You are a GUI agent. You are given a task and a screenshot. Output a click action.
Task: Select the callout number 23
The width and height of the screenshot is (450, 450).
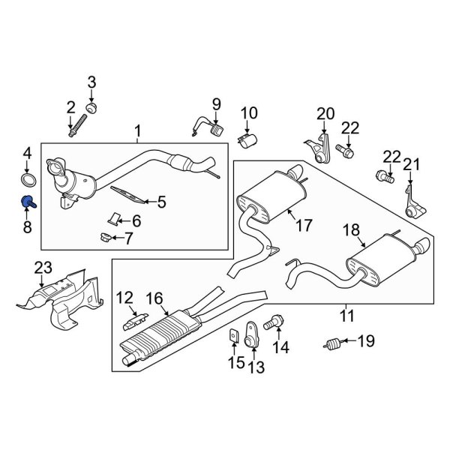pos(44,268)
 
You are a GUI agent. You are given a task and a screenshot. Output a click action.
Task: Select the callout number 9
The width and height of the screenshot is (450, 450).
pos(215,103)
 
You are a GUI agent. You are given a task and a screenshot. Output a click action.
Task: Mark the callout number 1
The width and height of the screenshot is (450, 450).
pos(138,133)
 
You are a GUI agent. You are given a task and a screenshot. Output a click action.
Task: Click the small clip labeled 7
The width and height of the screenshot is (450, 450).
pos(105,238)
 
